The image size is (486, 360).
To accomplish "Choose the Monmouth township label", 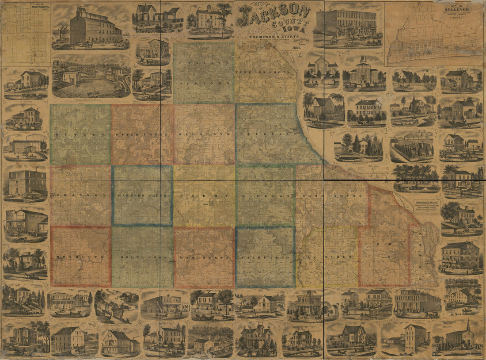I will click(80, 257).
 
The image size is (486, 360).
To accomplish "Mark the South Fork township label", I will click(141, 257).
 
